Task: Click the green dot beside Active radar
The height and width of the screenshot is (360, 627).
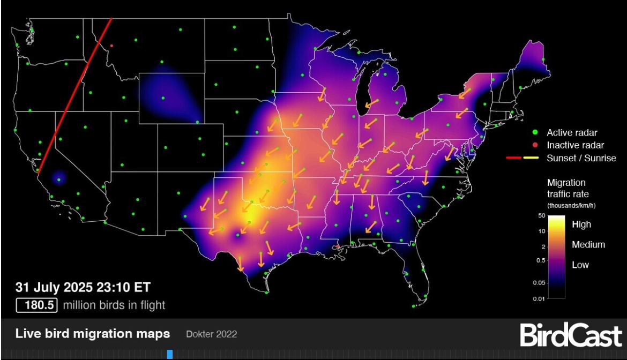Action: pos(534,132)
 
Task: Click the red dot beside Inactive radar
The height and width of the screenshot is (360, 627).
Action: pos(534,145)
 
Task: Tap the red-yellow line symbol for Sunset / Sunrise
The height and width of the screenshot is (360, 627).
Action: pos(522,158)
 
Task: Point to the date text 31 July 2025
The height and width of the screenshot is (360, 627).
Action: pos(59,288)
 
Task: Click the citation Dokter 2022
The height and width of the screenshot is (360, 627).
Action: pos(211,334)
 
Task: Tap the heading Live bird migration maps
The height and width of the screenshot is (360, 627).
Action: pos(93,334)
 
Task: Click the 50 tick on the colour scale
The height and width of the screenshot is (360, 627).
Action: pos(541,215)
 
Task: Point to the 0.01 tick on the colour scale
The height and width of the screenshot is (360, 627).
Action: pos(539,298)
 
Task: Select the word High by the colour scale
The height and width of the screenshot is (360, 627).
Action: pos(581,224)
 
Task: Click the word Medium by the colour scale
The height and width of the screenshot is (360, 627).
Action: pos(588,245)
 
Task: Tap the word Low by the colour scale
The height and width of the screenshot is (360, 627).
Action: pos(580,265)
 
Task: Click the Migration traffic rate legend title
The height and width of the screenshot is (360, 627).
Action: pos(567,189)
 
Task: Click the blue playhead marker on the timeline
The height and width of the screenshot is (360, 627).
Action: pos(170,354)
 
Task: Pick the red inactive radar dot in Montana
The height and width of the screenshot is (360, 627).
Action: pos(111,46)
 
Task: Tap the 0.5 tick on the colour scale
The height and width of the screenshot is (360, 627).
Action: pos(540,260)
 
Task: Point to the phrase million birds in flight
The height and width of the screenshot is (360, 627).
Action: pos(114,305)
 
